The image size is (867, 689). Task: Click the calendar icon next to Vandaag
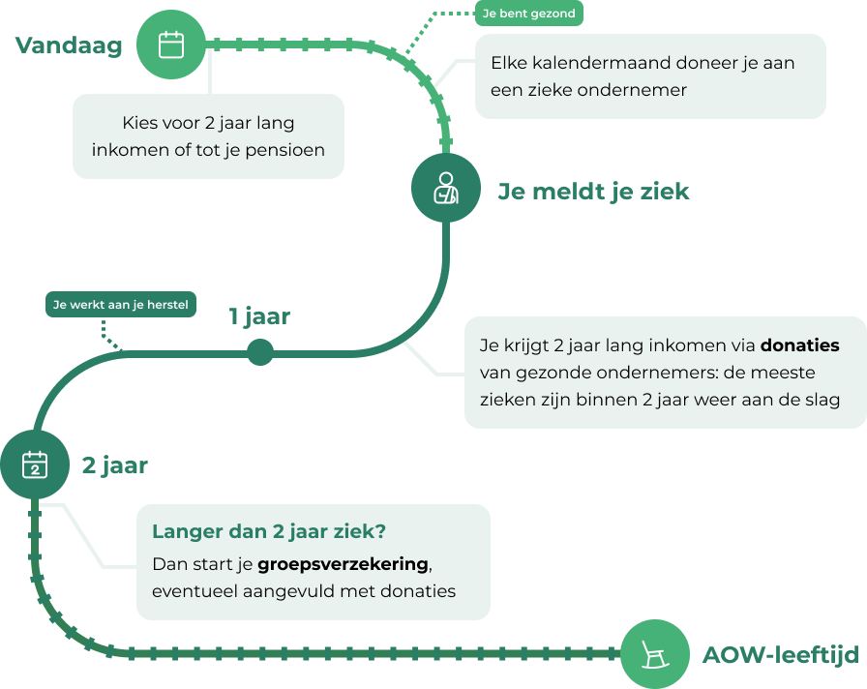(171, 45)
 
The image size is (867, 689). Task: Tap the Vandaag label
(69, 45)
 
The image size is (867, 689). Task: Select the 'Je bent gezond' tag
(529, 14)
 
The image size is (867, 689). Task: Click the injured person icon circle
(446, 188)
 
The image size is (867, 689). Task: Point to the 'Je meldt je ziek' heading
(593, 191)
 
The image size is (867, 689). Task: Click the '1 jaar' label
(259, 316)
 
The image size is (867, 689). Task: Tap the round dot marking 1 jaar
(259, 352)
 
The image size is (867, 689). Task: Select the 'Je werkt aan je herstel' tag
(121, 305)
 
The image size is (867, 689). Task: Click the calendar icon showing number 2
(35, 465)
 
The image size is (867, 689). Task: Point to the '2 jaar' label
(114, 465)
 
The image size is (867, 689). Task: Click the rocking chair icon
(654, 654)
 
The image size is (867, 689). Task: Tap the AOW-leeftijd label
(780, 655)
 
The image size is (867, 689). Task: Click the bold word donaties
(799, 345)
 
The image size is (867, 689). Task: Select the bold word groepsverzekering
(343, 564)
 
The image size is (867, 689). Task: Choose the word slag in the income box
(822, 400)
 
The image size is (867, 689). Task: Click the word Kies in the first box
(140, 123)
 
